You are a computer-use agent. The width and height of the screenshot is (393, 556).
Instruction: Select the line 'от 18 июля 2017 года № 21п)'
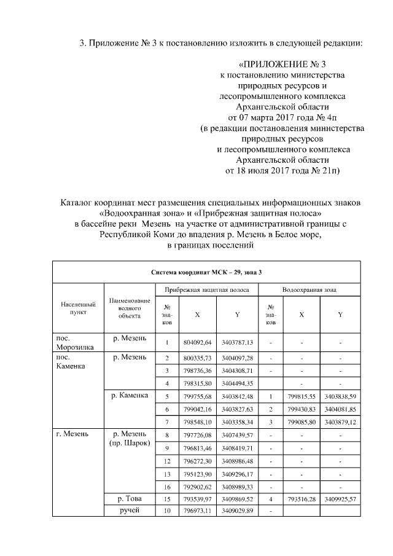tap(283, 169)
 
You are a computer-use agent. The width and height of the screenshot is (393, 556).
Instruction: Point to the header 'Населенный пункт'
tap(78, 308)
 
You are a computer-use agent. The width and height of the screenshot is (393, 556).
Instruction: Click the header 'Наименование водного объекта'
tap(130, 308)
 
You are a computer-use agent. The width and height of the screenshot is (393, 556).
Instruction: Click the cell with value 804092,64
tap(197, 342)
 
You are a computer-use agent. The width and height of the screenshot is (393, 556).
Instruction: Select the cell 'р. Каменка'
tap(129, 395)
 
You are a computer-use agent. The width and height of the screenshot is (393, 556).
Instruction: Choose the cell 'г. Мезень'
tap(72, 434)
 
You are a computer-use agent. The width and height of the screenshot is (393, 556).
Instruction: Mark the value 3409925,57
tap(341, 499)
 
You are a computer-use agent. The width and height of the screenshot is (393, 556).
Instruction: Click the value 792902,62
tap(197, 487)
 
